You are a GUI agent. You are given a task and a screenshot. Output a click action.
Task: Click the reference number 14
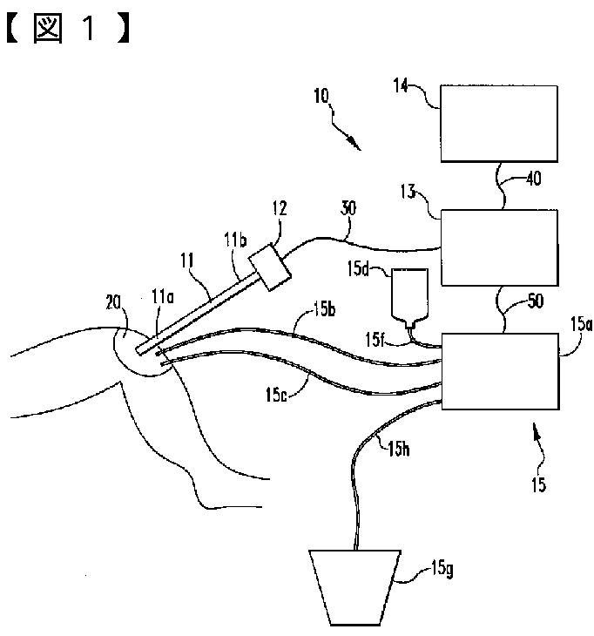[401, 85]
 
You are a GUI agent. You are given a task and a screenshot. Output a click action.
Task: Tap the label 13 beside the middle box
[408, 192]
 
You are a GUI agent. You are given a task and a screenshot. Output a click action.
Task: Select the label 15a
[582, 324]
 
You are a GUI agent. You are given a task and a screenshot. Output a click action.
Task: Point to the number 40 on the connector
[534, 179]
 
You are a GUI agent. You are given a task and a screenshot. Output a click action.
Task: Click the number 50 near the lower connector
[535, 301]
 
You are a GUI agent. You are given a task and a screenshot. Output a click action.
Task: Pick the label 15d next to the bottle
[359, 268]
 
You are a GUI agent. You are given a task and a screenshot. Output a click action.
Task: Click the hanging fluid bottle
[409, 298]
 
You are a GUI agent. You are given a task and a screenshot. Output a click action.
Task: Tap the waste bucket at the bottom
[355, 587]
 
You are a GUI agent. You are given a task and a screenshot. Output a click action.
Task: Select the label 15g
[442, 569]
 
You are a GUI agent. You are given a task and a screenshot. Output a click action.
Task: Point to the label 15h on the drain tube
[399, 449]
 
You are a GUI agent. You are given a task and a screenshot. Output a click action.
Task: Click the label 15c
[276, 395]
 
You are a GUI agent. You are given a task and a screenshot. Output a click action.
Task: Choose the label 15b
[324, 309]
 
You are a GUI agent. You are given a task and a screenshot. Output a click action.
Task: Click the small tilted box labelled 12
[270, 267]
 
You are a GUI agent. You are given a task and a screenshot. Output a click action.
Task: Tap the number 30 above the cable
[348, 208]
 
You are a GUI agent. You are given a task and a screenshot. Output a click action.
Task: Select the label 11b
[235, 240]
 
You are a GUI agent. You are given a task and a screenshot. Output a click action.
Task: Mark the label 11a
[163, 297]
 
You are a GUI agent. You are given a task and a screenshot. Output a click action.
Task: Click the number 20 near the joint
[113, 302]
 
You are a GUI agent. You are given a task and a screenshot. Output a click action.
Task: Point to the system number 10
[322, 96]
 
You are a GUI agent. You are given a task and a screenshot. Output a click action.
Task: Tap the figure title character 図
[48, 28]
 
